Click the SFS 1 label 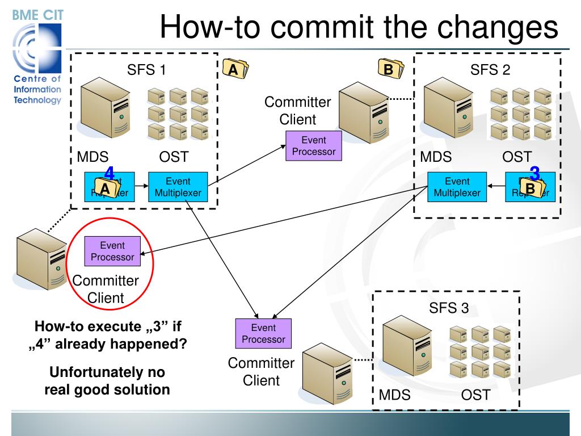(x=146, y=70)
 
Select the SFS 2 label (x=490, y=70)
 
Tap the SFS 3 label (x=449, y=308)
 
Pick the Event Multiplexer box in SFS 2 (x=457, y=187)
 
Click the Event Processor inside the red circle (x=112, y=251)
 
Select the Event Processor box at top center (x=314, y=146)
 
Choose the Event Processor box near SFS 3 (x=263, y=333)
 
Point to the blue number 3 (x=534, y=174)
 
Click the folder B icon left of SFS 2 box (x=390, y=69)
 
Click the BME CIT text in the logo (x=38, y=15)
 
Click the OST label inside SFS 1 (x=174, y=157)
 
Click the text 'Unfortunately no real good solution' (x=107, y=380)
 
